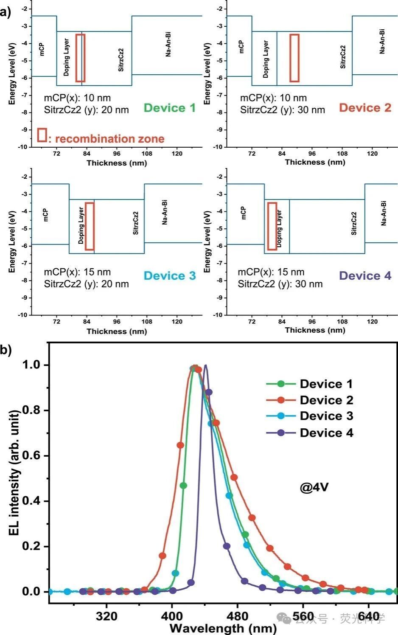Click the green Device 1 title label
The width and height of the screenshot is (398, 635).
click(x=169, y=108)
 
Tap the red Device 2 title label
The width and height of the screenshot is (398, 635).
click(x=365, y=108)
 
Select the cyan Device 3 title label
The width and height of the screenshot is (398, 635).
click(x=170, y=276)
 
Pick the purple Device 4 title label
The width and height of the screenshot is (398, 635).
click(x=365, y=276)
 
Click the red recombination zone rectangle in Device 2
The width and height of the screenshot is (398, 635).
click(x=294, y=58)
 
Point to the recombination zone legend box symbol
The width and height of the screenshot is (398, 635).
click(x=42, y=135)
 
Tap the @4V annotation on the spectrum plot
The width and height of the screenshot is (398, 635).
click(x=314, y=487)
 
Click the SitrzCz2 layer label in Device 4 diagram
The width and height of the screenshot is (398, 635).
click(x=354, y=224)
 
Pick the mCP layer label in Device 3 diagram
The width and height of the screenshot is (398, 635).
click(x=45, y=215)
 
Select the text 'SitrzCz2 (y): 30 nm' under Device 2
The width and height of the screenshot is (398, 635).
click(x=283, y=110)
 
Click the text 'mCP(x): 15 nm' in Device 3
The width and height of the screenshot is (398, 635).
click(x=77, y=272)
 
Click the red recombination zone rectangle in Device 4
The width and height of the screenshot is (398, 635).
click(x=272, y=226)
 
